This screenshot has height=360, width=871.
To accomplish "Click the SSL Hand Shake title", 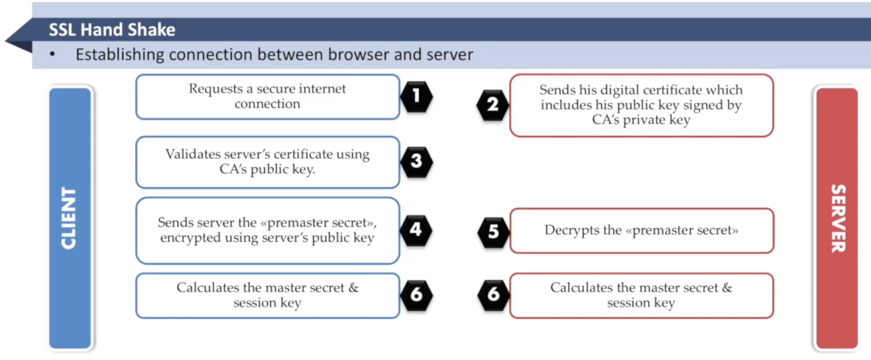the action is coord(112,30).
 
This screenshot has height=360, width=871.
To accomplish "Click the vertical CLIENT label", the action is coord(68,218).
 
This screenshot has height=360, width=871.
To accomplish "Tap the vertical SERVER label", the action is coord(838,218).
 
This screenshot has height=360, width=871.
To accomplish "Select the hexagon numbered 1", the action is coord(416,96).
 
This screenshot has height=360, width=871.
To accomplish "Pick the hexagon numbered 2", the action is coord(493,104).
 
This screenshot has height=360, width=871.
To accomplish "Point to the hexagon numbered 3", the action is coord(416,161).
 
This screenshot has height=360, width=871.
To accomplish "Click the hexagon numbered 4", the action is coord(416,230).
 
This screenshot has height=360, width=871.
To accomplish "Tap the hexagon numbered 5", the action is coord(493,232).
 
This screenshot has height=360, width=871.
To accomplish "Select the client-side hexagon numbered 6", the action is coord(416,295).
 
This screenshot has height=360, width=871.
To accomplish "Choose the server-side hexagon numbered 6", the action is coord(493,295).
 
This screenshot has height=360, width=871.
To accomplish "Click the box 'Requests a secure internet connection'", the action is coord(268,97).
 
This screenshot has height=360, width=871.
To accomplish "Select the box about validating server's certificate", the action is coord(268,162).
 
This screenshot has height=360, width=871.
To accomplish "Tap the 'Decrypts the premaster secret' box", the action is coord(641,231).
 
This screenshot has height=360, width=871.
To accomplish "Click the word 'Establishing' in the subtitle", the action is coord(120,55).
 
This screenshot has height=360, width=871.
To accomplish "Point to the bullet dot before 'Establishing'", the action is coord(52,54).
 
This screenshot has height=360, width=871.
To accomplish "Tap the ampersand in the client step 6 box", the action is coord(354,288).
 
